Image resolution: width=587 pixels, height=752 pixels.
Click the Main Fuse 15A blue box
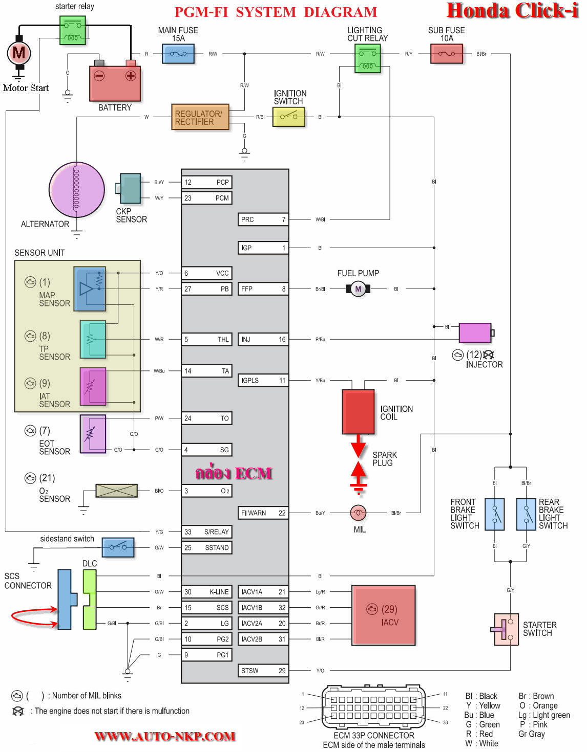178,54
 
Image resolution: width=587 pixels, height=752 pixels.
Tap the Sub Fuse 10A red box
447,54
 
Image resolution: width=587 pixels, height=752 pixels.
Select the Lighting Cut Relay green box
368,58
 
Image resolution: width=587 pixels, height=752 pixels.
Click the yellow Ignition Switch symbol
289,117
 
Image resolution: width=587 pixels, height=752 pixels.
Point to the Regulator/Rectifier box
200,117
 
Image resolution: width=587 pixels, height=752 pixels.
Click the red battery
115,83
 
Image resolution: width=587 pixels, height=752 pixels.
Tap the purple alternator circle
76,190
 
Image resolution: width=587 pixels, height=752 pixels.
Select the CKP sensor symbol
130,189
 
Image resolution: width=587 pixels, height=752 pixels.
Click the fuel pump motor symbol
358,289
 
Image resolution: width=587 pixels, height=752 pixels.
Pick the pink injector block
475,333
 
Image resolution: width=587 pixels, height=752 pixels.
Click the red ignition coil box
358,412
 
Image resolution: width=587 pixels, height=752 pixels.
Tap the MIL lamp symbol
358,513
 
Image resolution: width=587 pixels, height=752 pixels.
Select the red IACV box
383,615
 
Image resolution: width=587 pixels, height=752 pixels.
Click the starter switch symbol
506,629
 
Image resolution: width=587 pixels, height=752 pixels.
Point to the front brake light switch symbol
495,514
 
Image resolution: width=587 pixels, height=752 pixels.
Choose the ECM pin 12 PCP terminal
207,182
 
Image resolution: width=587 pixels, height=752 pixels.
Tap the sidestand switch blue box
118,547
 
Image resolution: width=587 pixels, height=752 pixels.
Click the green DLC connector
90,600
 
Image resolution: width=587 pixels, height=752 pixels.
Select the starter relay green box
73,30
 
